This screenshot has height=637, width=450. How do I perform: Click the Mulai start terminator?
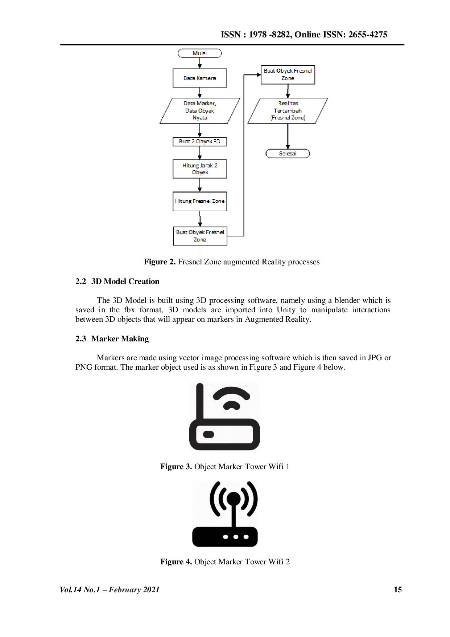point(200,53)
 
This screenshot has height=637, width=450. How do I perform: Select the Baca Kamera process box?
point(200,78)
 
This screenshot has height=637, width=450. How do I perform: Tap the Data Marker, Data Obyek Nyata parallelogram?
point(200,110)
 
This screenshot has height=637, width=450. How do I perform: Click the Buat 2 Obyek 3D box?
point(200,141)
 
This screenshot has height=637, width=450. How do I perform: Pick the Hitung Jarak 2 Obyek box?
point(200,169)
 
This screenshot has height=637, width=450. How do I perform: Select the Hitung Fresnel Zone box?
point(200,201)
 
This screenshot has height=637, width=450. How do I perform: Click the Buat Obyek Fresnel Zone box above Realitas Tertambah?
point(288,74)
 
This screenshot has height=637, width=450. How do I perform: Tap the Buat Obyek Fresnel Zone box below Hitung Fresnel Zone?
point(200,236)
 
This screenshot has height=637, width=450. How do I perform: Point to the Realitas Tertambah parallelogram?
point(288,110)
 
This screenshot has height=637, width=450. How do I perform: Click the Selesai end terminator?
point(288,154)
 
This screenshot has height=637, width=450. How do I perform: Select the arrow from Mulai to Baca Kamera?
point(199,63)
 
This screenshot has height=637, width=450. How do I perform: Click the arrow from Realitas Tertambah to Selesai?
point(288,136)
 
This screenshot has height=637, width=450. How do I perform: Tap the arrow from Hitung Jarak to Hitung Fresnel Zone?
point(199,185)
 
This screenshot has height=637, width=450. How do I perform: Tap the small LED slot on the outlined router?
point(209,434)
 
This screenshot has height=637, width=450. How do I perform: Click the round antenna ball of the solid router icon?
point(234,498)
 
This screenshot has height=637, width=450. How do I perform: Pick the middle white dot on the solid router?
point(236,537)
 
